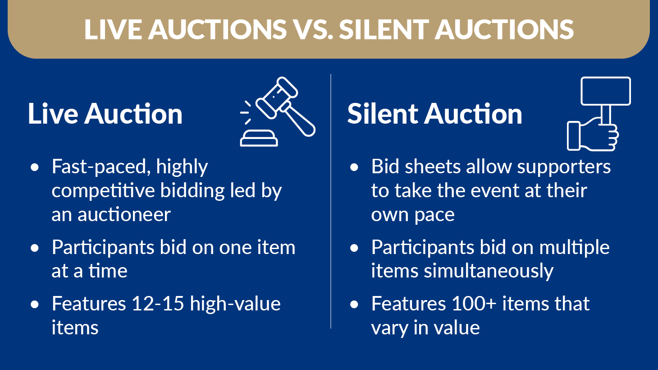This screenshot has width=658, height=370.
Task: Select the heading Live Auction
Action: tap(105, 114)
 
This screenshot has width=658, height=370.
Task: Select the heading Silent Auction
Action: tap(434, 114)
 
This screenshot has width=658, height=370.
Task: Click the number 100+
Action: tap(474, 304)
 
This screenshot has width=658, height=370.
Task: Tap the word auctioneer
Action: tap(124, 214)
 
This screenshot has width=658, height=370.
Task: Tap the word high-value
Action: tap(235, 304)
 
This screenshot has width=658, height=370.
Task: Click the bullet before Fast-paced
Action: tap(35, 167)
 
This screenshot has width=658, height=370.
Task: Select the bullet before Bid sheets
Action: tap(355, 167)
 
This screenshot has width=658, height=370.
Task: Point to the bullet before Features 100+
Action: tap(355, 305)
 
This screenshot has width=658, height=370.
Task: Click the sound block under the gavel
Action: tap(259, 139)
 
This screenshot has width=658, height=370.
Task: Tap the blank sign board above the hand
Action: tap(605, 91)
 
